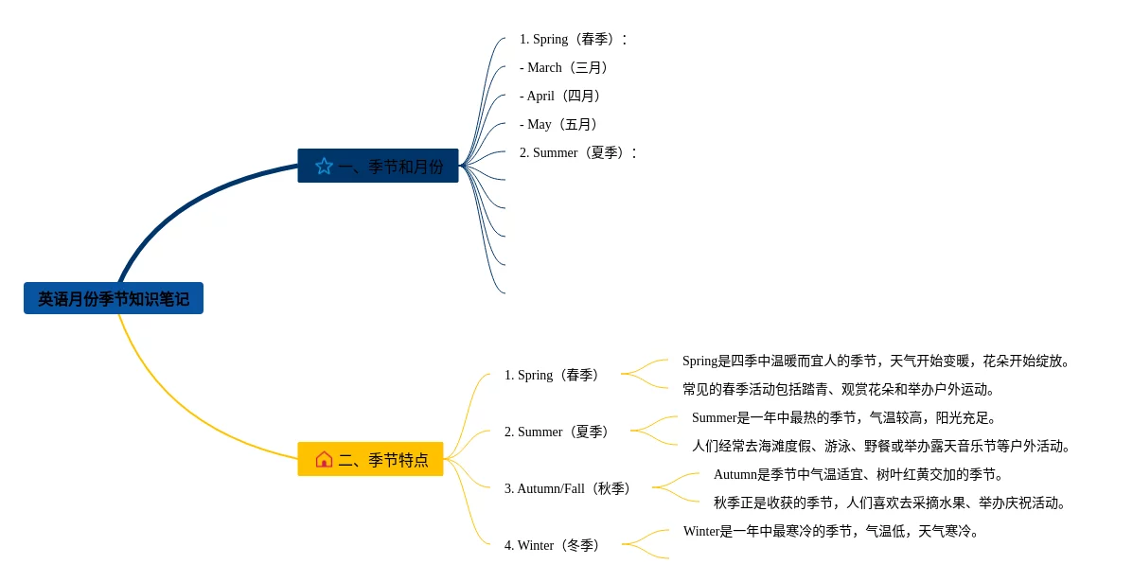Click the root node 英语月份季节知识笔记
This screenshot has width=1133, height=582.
click(114, 299)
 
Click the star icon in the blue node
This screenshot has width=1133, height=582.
click(324, 167)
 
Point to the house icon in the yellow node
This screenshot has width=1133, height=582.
click(324, 459)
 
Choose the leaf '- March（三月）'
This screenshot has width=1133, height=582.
click(566, 67)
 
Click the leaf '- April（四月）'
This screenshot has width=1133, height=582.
click(562, 96)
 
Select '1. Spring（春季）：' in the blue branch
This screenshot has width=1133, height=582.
click(574, 39)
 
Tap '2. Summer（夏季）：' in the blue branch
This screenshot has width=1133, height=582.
click(578, 152)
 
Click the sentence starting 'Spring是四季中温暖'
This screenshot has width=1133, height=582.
click(876, 361)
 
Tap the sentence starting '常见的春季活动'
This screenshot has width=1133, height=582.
click(839, 389)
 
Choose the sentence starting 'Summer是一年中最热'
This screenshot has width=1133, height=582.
click(844, 417)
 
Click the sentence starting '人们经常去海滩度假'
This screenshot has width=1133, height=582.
click(880, 446)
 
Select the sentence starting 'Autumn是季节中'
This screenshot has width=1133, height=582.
click(859, 474)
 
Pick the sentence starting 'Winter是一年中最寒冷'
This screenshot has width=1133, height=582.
click(831, 531)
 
